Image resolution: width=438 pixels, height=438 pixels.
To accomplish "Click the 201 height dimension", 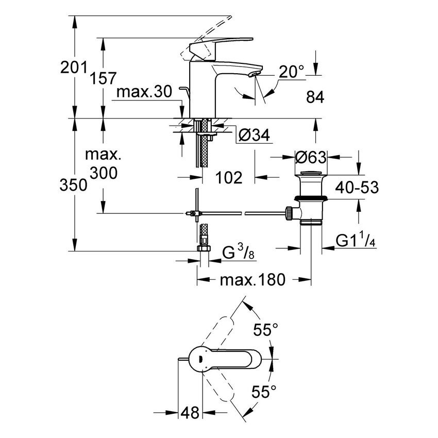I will point(72,67).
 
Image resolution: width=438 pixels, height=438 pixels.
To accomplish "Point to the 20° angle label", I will point(292,72).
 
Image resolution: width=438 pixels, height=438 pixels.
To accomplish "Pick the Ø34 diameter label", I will point(255,136).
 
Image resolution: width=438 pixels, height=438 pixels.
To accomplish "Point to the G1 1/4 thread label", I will point(358,241).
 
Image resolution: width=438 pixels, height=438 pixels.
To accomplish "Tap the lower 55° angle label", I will point(265,393).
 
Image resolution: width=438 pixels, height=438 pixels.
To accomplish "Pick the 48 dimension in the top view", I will point(190,413).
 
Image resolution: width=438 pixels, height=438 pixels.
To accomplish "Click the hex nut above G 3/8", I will point(205,248).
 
